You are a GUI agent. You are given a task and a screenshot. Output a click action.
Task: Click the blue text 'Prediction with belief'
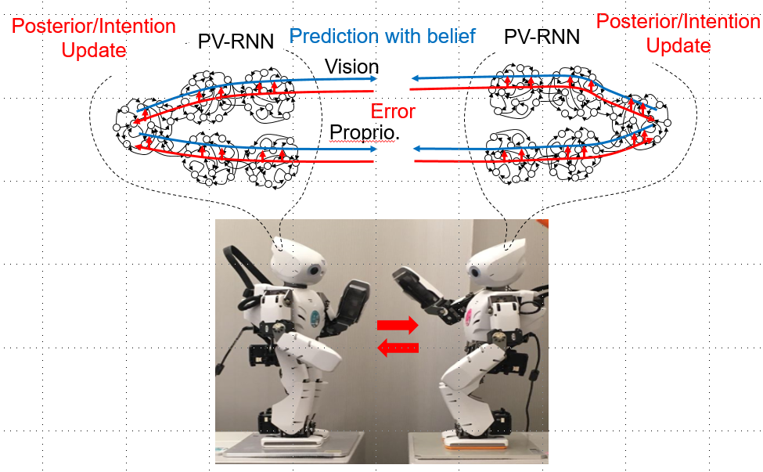pos(383,35)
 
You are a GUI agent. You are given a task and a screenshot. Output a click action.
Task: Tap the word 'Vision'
pos(352,67)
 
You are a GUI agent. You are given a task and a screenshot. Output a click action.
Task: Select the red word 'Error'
pos(392,110)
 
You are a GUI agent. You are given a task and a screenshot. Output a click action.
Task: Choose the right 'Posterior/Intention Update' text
pos(678,33)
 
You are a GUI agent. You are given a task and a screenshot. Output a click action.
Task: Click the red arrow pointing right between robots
pos(398,325)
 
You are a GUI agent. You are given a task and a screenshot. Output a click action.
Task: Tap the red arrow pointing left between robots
pos(398,346)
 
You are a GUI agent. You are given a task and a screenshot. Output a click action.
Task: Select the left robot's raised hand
pos(350,301)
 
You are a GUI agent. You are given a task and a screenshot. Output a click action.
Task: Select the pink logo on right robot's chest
pos(473,317)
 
